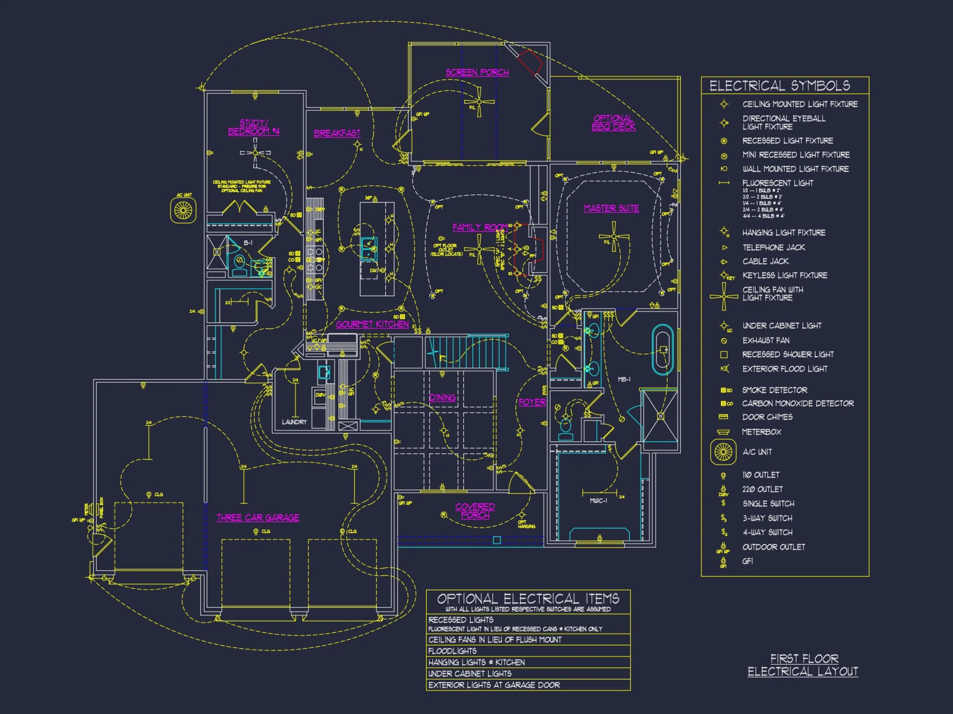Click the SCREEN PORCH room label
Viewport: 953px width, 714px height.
click(477, 72)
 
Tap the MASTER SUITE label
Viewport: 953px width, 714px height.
click(611, 208)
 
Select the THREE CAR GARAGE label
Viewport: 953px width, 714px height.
click(258, 517)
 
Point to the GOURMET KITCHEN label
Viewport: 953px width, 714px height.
click(372, 324)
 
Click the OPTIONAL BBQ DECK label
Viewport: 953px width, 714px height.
click(613, 123)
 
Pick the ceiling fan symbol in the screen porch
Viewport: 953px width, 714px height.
click(479, 101)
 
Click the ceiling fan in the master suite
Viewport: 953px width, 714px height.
click(614, 237)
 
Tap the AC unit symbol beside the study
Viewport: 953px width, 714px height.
click(183, 210)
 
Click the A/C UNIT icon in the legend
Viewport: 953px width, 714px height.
click(723, 452)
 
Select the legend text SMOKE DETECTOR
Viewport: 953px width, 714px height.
click(774, 390)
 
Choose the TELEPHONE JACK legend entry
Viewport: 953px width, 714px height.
click(773, 248)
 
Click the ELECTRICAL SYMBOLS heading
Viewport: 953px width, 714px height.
click(780, 86)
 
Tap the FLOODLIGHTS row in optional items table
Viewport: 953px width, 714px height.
click(452, 651)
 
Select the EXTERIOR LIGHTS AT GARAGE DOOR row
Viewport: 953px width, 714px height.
click(494, 685)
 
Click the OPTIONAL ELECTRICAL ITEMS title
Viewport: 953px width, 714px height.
click(528, 598)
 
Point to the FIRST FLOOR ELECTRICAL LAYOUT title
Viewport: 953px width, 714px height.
click(803, 665)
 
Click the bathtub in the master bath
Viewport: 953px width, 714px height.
click(663, 350)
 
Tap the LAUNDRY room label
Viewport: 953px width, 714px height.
click(294, 422)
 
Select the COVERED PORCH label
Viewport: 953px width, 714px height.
click(475, 511)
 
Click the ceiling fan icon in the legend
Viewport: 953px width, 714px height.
click(723, 296)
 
